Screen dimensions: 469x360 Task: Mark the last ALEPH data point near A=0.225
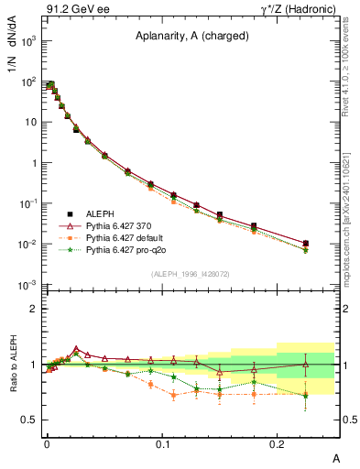[305, 244]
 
